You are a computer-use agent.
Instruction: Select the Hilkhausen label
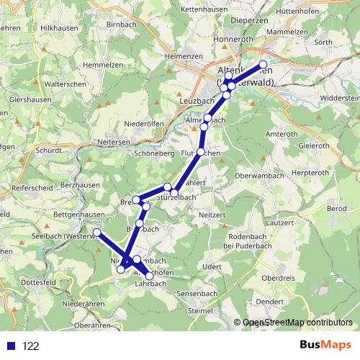pos(58,27)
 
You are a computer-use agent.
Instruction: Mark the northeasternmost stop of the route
pos(263,64)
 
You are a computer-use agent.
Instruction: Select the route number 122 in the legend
pos(30,346)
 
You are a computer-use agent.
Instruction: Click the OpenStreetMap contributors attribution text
pos(297,323)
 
